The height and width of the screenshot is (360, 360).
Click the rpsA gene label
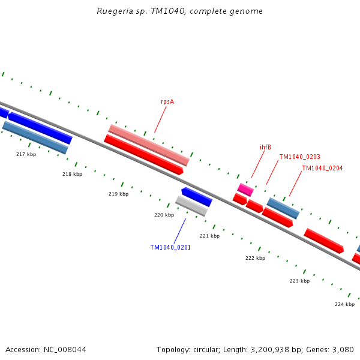(x=167, y=101)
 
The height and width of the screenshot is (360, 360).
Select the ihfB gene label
(x=265, y=147)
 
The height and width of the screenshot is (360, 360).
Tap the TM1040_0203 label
(x=299, y=157)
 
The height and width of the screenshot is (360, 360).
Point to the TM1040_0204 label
(x=322, y=169)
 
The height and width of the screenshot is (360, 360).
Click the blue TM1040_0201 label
(x=170, y=247)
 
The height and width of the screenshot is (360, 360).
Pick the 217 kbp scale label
(x=26, y=155)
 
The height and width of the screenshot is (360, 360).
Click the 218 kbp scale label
(x=72, y=175)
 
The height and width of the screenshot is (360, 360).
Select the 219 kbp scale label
(x=118, y=194)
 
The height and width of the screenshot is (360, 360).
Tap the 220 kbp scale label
(x=164, y=215)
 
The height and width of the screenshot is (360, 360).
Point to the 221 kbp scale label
(x=209, y=236)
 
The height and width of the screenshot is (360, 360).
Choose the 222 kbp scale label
(x=255, y=259)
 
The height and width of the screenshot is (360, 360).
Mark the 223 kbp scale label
(x=299, y=281)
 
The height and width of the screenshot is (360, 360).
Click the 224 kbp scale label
(x=344, y=304)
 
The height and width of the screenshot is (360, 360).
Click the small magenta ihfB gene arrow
(x=245, y=190)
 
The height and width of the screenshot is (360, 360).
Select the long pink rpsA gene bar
(x=149, y=145)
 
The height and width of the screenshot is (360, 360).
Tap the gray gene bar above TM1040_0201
(x=191, y=206)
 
